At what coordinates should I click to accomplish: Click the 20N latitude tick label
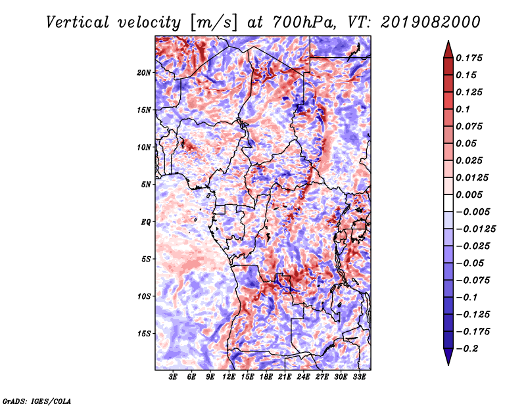pos(143,73)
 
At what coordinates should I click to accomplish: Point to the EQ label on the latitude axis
pos(146,222)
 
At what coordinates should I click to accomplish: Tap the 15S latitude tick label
pos(144,334)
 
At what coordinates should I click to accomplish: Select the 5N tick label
pos(146,185)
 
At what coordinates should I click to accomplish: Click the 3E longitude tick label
pos(173,376)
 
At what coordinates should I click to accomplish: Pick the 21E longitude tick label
pos(285,376)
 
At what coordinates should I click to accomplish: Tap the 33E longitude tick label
pos(359,376)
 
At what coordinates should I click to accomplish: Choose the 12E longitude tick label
pos(229,376)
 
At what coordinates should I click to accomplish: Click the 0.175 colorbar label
pos(469,58)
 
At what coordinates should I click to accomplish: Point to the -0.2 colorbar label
pos(467,349)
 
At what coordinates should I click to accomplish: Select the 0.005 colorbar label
pos(469,194)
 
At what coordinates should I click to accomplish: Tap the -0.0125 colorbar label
pos(475,229)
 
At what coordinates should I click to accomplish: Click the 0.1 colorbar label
pos(463,109)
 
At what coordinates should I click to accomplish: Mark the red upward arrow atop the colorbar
pos(448,49)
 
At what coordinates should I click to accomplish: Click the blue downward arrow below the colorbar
pos(448,357)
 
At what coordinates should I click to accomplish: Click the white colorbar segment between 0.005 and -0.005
pos(448,203)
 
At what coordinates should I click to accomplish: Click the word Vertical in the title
pos(78,22)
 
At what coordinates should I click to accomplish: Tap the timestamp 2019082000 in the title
pos(430,22)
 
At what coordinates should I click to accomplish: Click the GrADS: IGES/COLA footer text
pos(37,401)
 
